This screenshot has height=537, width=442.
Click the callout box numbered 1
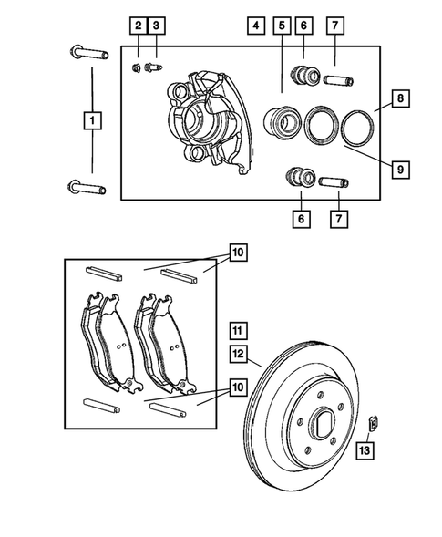click(x=91, y=119)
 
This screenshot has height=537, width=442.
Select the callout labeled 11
click(x=237, y=330)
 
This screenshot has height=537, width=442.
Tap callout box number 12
click(x=237, y=353)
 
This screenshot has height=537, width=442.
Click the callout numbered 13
click(x=364, y=449)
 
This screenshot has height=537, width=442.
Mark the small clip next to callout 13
click(x=374, y=421)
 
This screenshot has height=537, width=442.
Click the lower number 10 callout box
click(x=238, y=387)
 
